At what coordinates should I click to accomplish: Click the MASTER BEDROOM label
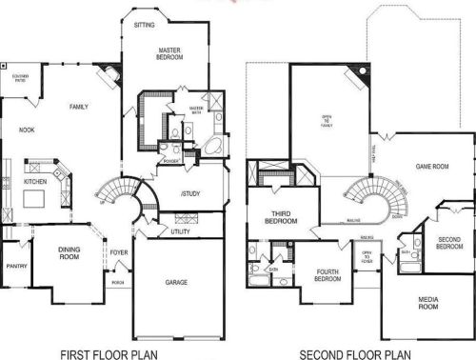point(169,53)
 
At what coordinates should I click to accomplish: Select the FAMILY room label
point(79,107)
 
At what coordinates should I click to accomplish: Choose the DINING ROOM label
point(69,253)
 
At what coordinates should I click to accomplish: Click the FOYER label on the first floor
point(119,252)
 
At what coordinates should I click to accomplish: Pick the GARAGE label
point(176,282)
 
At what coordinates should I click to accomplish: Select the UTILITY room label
point(181,231)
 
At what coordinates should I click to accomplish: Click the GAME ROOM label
point(431,166)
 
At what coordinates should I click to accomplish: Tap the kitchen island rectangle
point(35,198)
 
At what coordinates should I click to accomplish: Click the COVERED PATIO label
point(20,78)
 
